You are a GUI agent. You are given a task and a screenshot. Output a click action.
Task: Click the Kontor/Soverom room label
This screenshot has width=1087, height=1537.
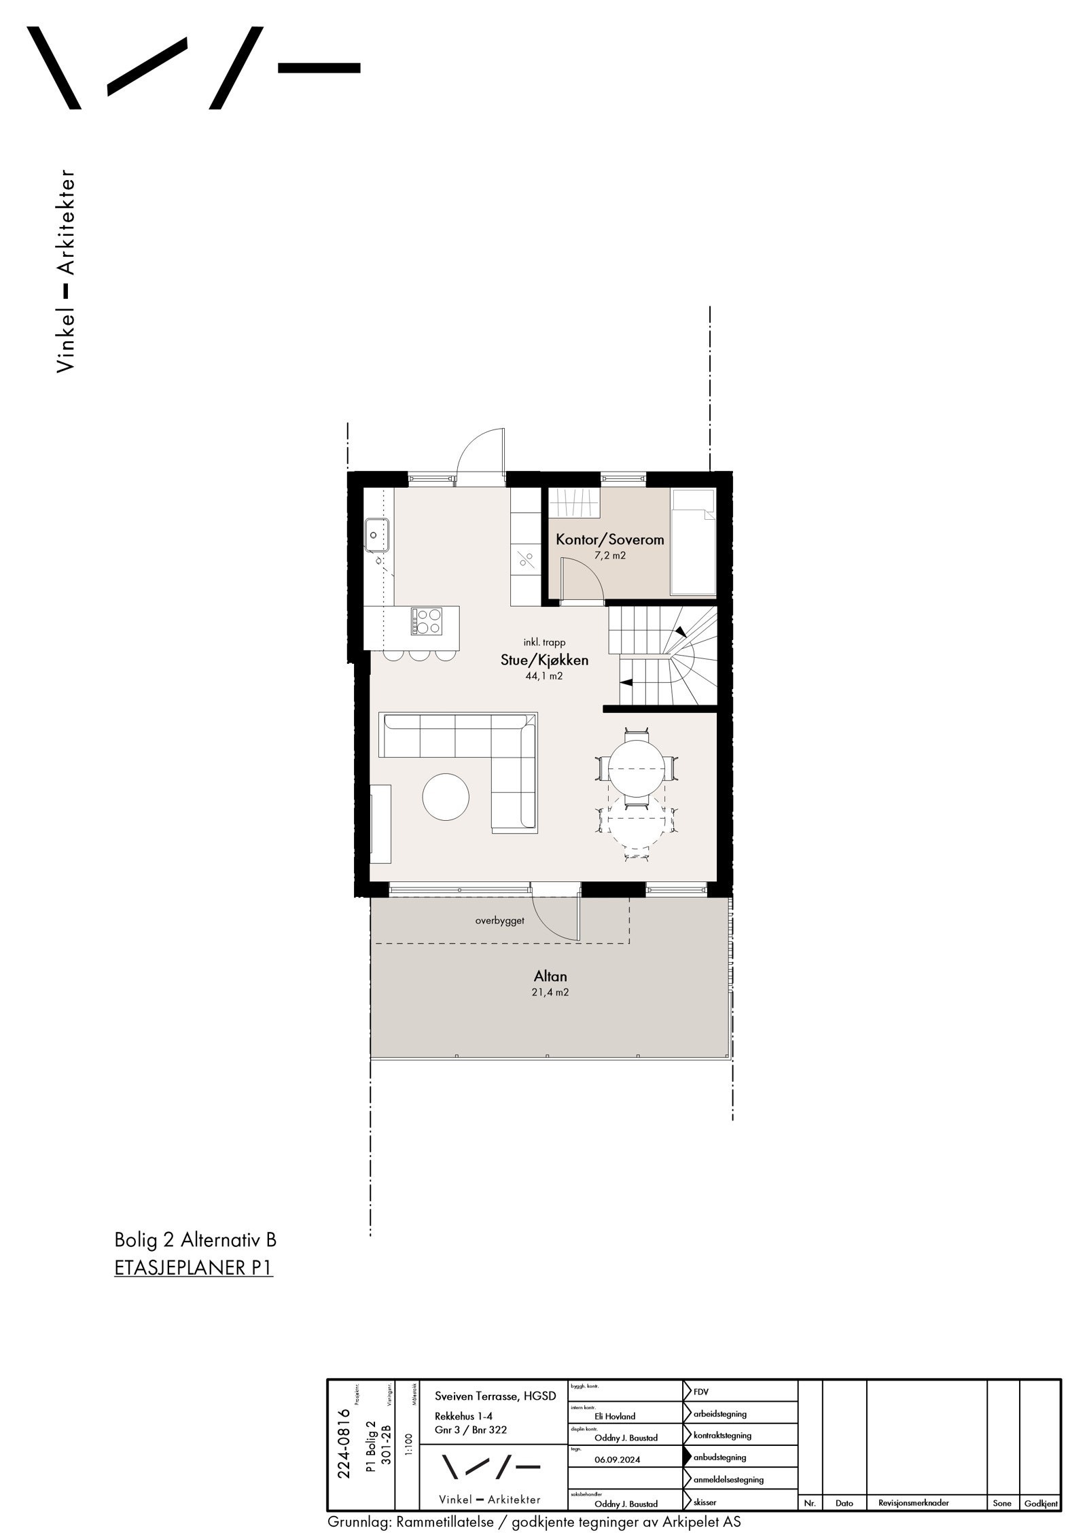pos(609,540)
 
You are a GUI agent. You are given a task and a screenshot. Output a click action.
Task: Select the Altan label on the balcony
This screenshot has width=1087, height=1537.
pos(550,976)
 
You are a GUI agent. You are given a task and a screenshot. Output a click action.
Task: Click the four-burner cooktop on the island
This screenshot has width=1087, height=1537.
pos(426,621)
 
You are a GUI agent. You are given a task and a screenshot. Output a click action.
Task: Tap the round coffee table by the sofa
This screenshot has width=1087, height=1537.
pos(446,797)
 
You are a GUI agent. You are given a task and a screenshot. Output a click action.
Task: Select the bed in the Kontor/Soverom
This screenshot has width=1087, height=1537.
pos(692,542)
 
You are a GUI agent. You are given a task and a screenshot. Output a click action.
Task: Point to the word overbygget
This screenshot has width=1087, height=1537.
pos(499,922)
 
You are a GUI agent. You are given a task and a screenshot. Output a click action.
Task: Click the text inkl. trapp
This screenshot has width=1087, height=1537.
pos(544,642)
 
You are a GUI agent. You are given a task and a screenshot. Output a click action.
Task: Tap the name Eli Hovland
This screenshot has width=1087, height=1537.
pos(614,1416)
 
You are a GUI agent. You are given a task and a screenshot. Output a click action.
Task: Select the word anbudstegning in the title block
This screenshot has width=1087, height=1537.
pos(720,1457)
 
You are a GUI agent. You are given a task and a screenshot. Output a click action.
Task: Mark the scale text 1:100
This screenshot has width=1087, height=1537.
pos(408,1447)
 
